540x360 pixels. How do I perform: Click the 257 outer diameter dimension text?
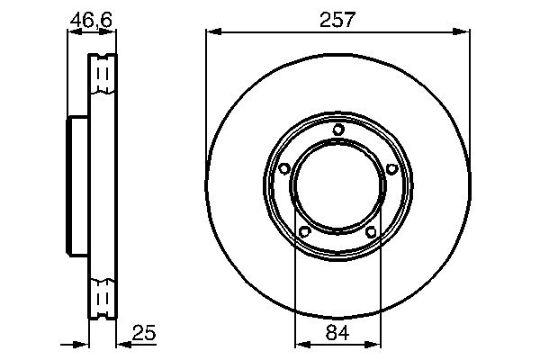click(337, 17)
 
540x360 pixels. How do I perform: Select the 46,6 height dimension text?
click(91, 17)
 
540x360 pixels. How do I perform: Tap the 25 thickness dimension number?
click(145, 333)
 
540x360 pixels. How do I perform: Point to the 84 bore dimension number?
click(337, 333)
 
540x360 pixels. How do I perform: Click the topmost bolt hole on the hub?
click(337, 130)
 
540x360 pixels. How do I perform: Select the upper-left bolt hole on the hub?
click(284, 169)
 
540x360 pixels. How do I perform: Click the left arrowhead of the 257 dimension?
click(212, 32)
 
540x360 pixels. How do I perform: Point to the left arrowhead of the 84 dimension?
click(301, 344)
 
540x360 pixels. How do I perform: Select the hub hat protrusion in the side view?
click(76, 186)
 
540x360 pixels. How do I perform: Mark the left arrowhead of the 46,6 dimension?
click(73, 32)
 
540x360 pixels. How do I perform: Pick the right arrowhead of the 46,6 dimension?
click(112, 32)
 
